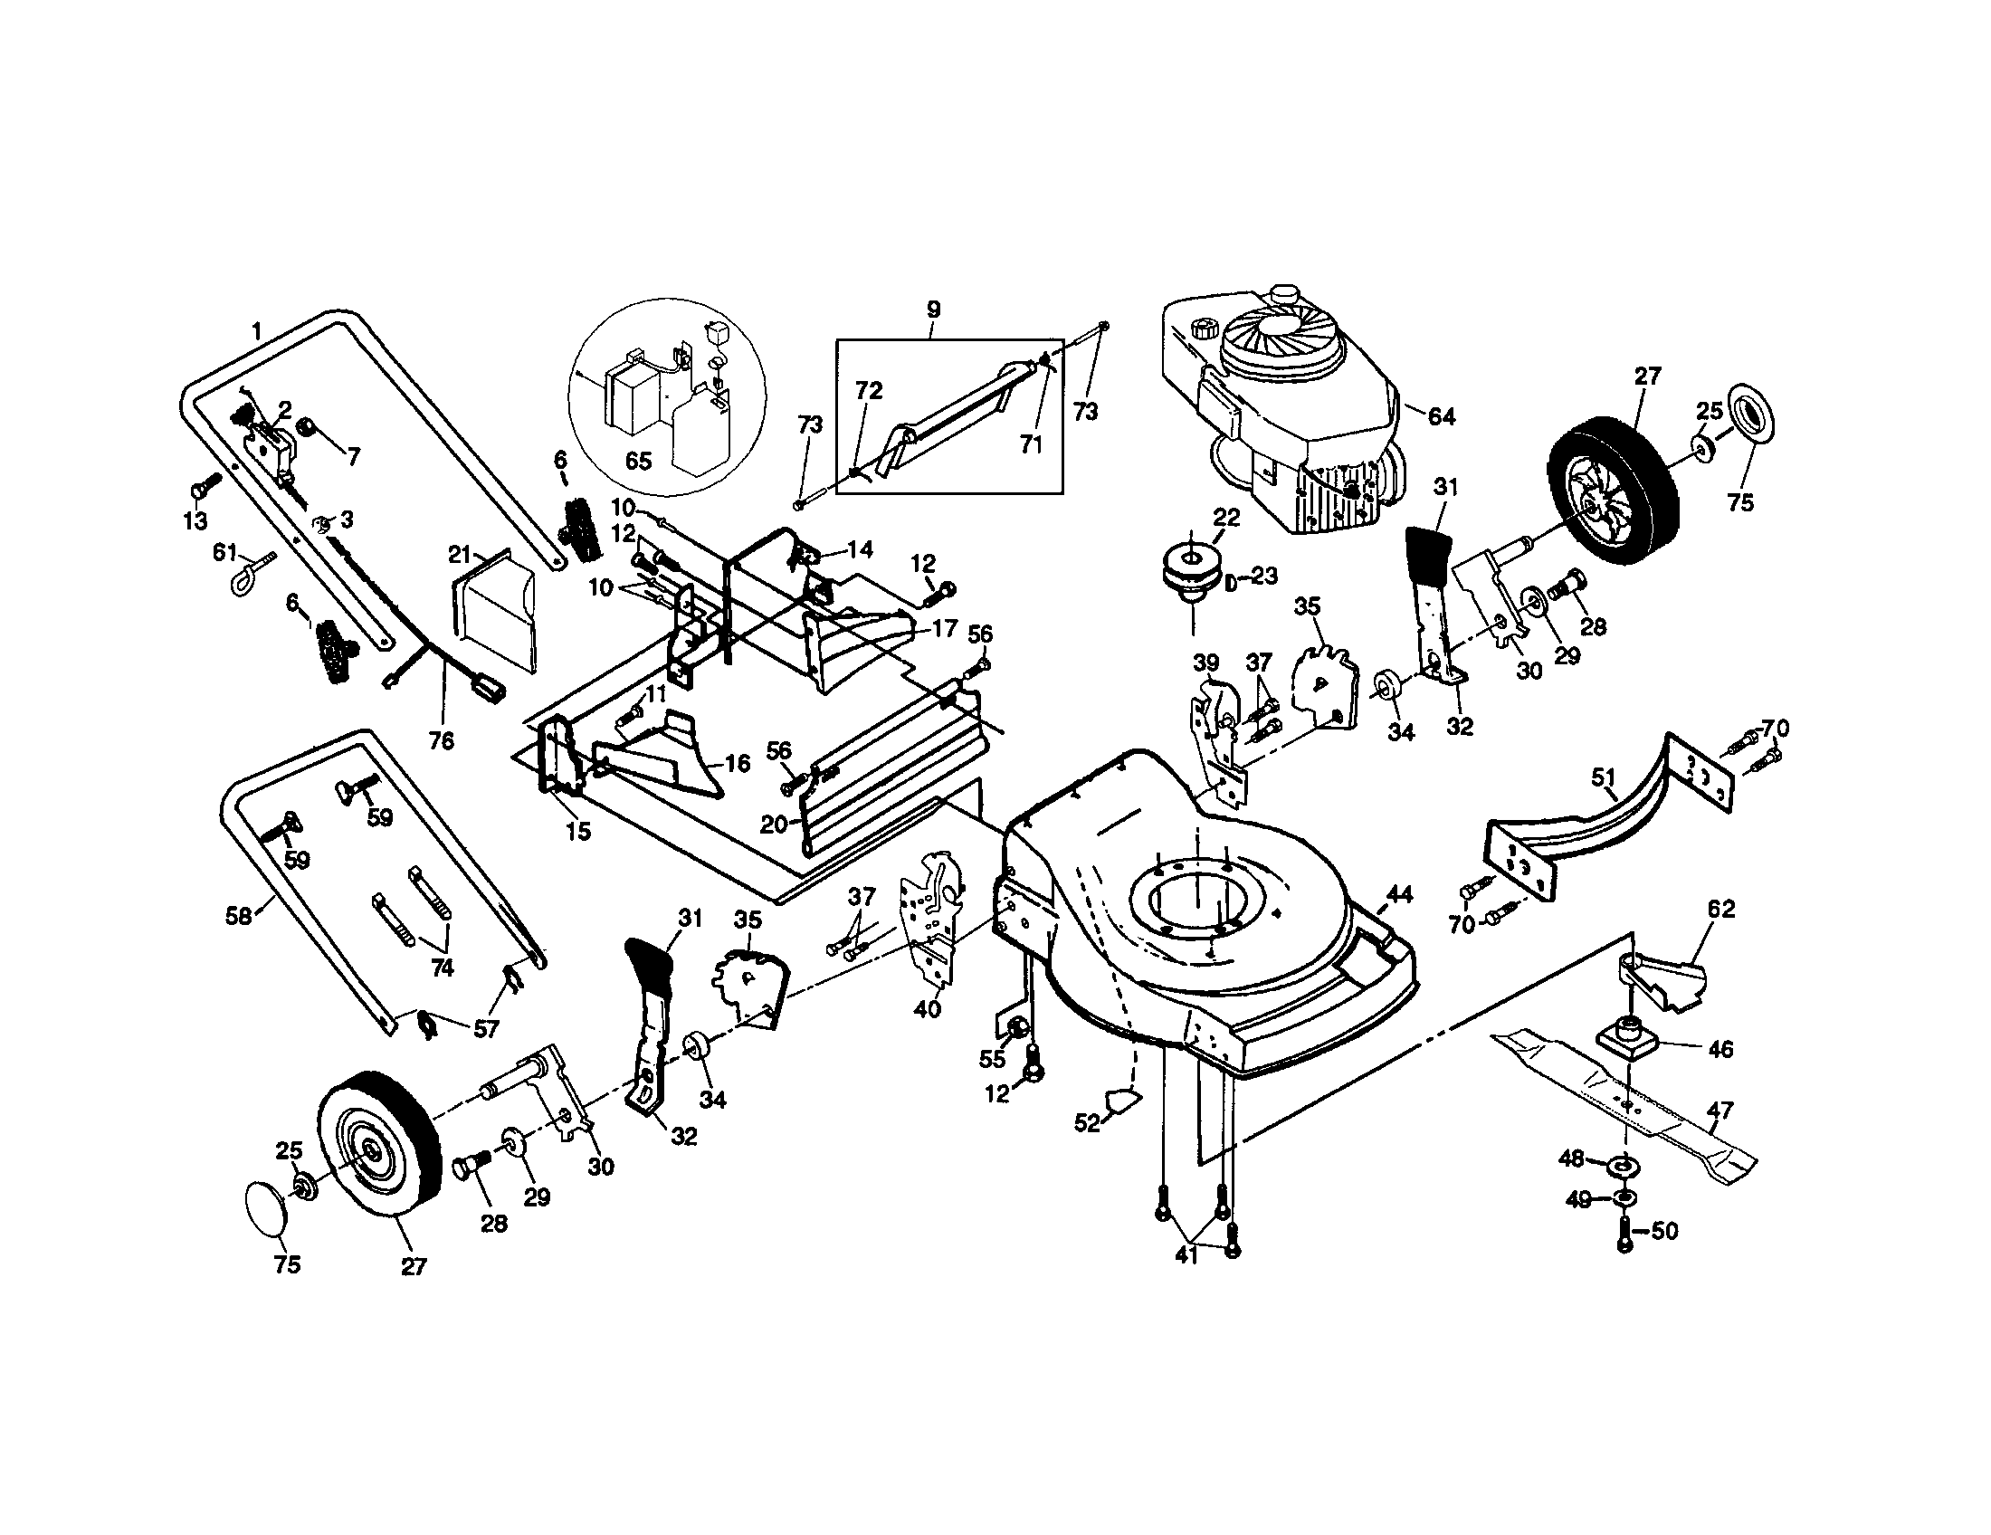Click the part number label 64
(1441, 416)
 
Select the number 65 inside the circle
(638, 462)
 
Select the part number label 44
(1399, 895)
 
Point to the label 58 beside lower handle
(238, 916)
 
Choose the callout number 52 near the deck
(1087, 1123)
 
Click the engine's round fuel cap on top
(1285, 296)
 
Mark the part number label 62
(1721, 909)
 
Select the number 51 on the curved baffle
(1604, 778)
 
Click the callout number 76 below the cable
(441, 741)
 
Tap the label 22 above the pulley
(1226, 518)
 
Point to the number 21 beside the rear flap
(460, 554)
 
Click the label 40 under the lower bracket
(927, 1010)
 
